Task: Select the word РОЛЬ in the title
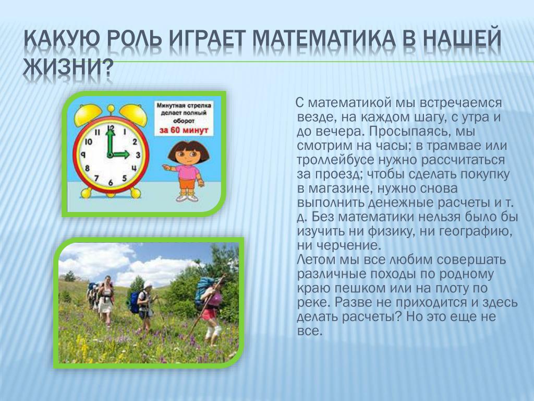pos(135,39)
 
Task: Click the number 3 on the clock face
pos(138,155)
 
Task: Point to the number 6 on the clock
pos(111,182)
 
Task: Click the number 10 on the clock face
pos(88,141)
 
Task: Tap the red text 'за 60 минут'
pos(184,130)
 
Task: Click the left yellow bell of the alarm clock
pos(88,115)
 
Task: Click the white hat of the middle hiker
pos(148,285)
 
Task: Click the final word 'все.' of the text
pos(309,331)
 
